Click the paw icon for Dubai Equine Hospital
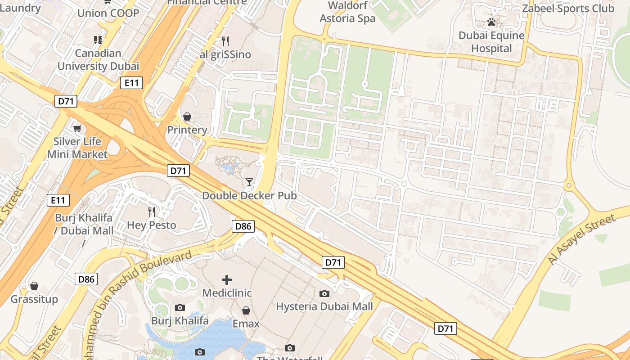pyautogui.click(x=491, y=22)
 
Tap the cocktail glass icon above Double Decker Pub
pyautogui.click(x=249, y=182)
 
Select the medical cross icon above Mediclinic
pyautogui.click(x=227, y=280)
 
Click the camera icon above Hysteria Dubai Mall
pyautogui.click(x=324, y=294)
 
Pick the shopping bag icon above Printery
pyautogui.click(x=187, y=117)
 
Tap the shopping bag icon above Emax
pyautogui.click(x=246, y=311)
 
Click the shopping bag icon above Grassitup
pyautogui.click(x=34, y=286)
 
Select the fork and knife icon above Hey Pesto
pyautogui.click(x=152, y=211)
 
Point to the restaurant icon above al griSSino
pyautogui.click(x=225, y=41)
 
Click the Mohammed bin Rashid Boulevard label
pyautogui.click(x=139, y=288)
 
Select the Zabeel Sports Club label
pyautogui.click(x=567, y=9)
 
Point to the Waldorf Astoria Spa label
pyautogui.click(x=347, y=12)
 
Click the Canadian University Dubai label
pyautogui.click(x=98, y=59)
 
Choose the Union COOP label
pyautogui.click(x=108, y=13)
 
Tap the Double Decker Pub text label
pyautogui.click(x=249, y=196)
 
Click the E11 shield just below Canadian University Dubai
pyautogui.click(x=131, y=83)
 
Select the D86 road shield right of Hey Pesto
pyautogui.click(x=243, y=226)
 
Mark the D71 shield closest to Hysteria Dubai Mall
pyautogui.click(x=333, y=262)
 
